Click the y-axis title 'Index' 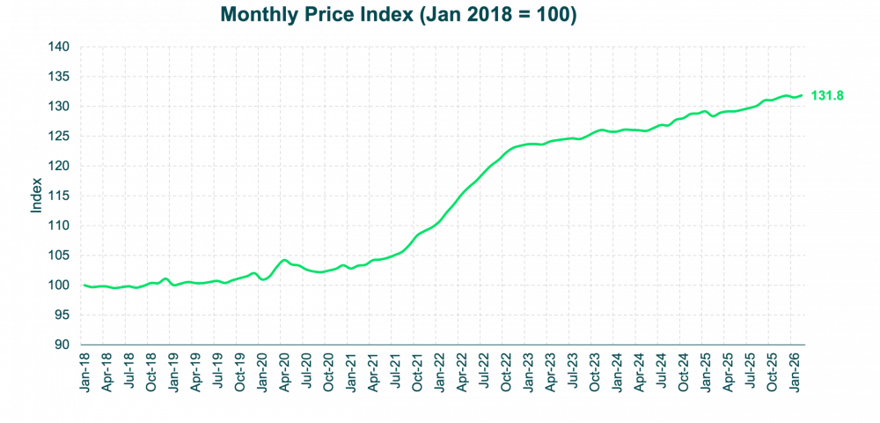click(37, 196)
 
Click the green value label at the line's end click(827, 95)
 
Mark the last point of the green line click(803, 95)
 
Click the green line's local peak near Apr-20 click(282, 260)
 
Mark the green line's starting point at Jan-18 click(82, 286)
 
